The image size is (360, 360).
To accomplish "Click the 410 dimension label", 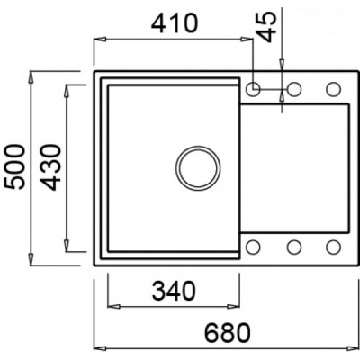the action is point(175,23).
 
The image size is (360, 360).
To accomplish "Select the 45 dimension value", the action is point(266,27).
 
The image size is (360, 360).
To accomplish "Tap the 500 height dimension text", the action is point(15,166).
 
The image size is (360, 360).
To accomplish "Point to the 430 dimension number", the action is point(50,167).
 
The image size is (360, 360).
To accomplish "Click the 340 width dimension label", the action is point(174,291).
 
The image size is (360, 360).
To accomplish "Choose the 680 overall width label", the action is point(227,332).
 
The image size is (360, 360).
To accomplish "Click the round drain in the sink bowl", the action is point(198,168).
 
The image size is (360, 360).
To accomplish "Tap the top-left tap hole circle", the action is point(253,89).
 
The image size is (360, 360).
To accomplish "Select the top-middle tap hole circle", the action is point(294,89).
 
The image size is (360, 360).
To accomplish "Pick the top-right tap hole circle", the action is point(334,89).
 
